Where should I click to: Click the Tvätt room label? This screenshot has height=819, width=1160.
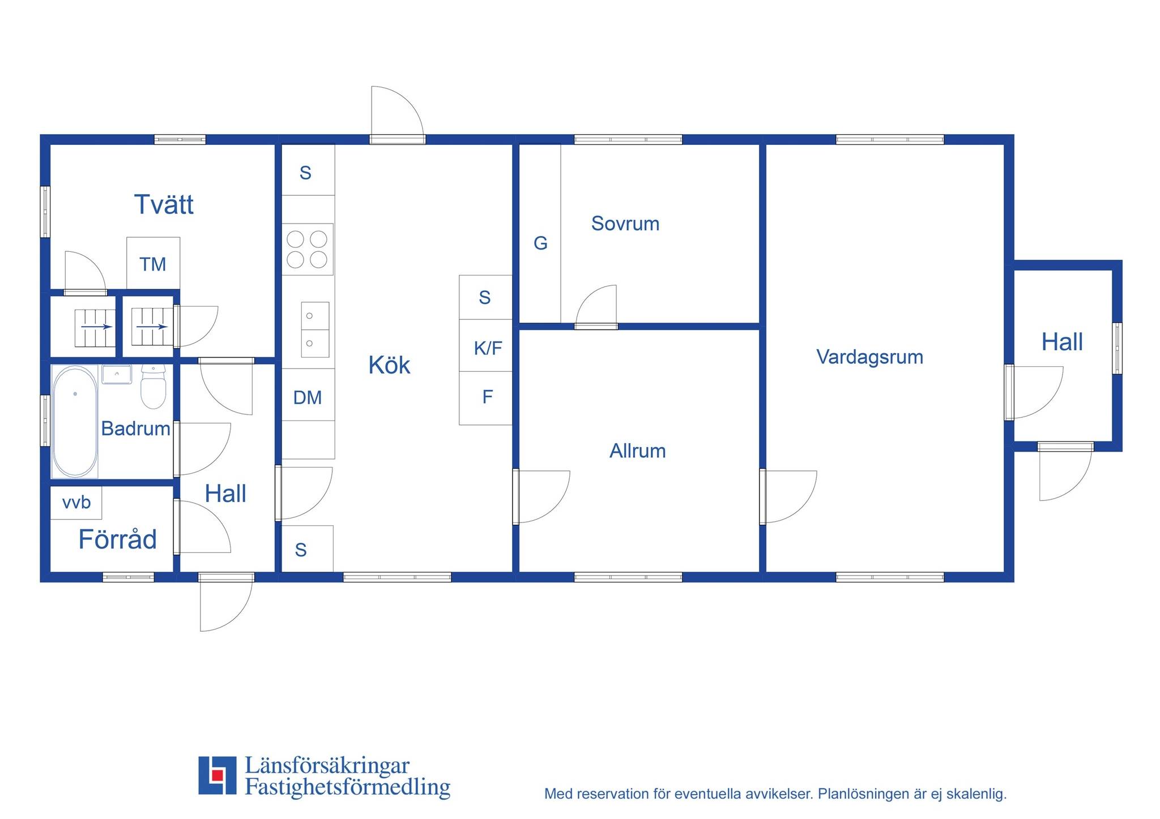164,204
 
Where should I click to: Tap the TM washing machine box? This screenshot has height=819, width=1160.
153,263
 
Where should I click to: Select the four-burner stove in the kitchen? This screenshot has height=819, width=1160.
308,249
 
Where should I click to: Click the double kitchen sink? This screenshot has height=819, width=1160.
315,329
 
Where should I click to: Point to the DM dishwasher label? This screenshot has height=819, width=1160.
308,398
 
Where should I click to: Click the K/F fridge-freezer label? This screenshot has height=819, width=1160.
488,348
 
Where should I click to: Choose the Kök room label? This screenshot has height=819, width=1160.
389,365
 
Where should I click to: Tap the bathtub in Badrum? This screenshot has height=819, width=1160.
75,422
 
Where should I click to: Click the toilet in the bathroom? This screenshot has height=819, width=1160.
153,387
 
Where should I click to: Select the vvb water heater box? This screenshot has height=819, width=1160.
76,503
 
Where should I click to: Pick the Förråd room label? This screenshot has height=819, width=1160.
117,539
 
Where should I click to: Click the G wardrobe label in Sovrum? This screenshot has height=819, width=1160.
540,243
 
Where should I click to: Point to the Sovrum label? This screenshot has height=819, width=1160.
625,224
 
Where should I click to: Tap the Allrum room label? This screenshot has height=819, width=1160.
638,451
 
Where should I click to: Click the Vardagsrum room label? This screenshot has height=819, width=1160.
869,357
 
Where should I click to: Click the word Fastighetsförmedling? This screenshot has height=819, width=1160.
347,788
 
